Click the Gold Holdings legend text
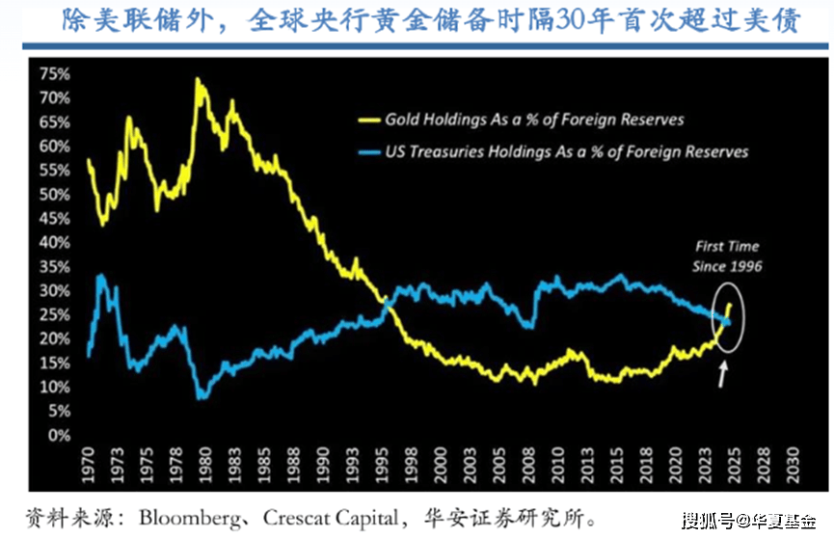[534, 120]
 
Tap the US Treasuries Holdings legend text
[566, 151]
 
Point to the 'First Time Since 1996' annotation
[728, 256]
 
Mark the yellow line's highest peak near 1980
[198, 80]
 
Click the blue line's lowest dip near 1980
[201, 396]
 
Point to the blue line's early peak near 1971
[99, 277]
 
